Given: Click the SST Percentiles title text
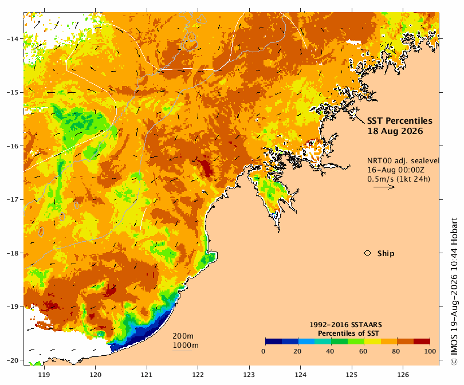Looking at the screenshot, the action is point(400,121).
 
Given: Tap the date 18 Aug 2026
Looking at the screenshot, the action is point(395,131).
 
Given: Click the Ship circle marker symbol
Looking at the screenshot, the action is point(368,253).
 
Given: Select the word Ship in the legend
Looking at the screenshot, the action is point(386,254).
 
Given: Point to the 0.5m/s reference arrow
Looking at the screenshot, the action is point(384,187).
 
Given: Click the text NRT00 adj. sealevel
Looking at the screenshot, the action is point(403,161).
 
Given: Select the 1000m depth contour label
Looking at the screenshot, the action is point(186,345).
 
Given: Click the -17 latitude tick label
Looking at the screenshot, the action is point(13,199).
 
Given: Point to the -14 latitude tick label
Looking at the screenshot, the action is point(13,39).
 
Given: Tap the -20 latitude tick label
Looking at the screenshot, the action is point(13,360).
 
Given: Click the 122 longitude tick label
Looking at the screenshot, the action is point(198,375).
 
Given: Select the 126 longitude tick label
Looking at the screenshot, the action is point(403,375).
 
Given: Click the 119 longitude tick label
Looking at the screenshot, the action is point(44,375).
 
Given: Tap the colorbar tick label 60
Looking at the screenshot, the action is point(363,351).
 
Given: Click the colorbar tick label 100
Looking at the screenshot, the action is point(430,351).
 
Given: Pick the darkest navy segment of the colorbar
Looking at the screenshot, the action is point(273,341).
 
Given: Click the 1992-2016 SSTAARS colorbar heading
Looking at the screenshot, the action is point(345,325).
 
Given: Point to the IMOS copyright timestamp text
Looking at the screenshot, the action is point(454,291).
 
